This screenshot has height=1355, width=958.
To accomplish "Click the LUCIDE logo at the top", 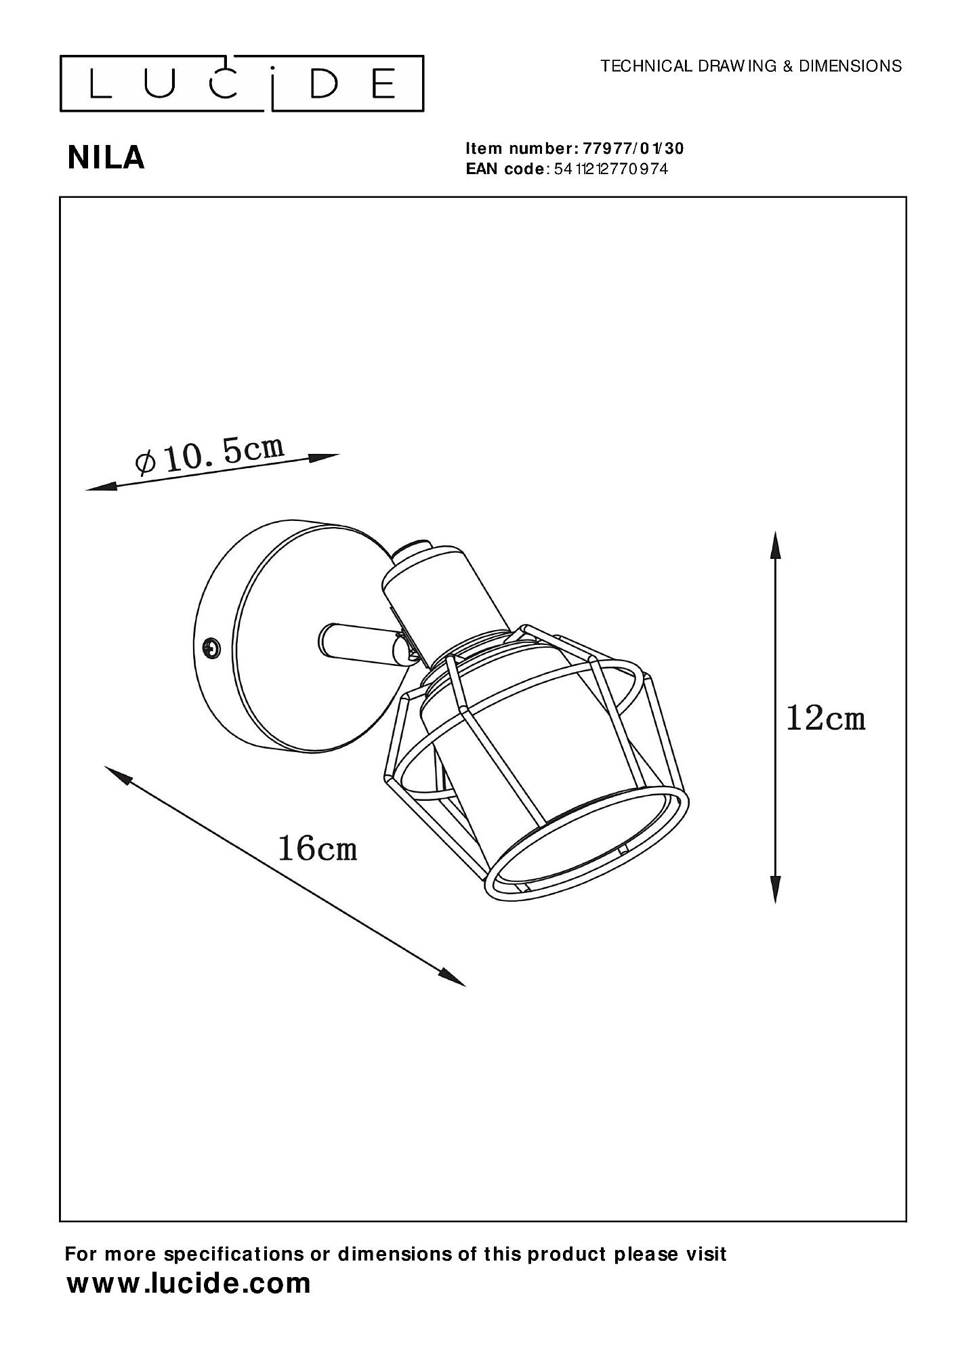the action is (242, 83).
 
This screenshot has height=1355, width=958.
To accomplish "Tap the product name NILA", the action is (106, 158).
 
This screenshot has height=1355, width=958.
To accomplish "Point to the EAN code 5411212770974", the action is (611, 169).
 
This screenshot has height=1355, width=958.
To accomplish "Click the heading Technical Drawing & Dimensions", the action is (751, 66).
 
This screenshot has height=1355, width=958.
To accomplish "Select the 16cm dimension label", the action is (317, 848).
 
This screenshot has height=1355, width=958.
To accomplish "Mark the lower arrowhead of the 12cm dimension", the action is (776, 887).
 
